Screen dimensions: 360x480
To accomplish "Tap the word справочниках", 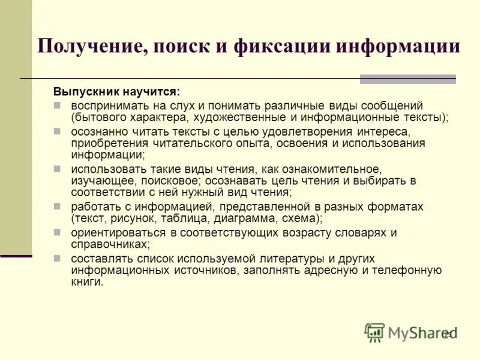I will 109,244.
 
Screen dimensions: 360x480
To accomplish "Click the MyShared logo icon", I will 374,331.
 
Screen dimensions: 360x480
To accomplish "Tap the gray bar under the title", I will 407,79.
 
